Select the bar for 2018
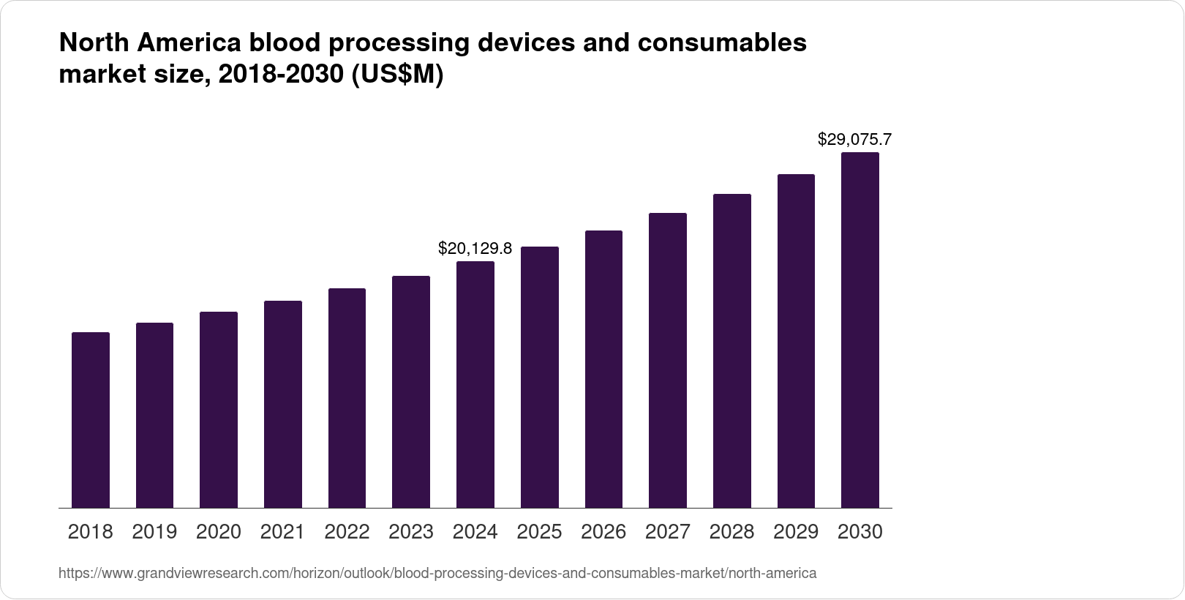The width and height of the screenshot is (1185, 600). [x=91, y=420]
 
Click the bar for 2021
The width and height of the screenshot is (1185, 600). [x=283, y=404]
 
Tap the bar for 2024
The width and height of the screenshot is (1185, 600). [x=475, y=384]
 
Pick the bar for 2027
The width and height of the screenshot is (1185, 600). [x=668, y=360]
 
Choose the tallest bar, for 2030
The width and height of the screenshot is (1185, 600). [x=860, y=330]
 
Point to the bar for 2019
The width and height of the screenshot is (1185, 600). [x=154, y=415]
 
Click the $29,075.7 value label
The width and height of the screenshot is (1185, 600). [x=854, y=139]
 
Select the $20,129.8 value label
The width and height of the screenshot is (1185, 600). [x=475, y=248]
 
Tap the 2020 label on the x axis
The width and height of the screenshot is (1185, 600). [x=219, y=532]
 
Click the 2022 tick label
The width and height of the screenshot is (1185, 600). [x=347, y=532]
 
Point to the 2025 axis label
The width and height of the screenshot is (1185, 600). [x=539, y=532]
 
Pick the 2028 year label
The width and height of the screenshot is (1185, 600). [x=731, y=532]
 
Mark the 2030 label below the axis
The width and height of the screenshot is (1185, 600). [x=860, y=532]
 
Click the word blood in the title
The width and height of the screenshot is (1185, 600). [x=285, y=43]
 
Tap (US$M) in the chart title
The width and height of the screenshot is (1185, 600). [x=398, y=75]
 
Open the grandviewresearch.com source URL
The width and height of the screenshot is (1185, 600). [x=437, y=574]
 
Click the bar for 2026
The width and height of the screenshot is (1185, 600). [x=603, y=369]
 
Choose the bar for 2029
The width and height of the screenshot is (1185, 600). [x=796, y=341]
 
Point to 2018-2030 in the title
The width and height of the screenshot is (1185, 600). [x=279, y=75]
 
